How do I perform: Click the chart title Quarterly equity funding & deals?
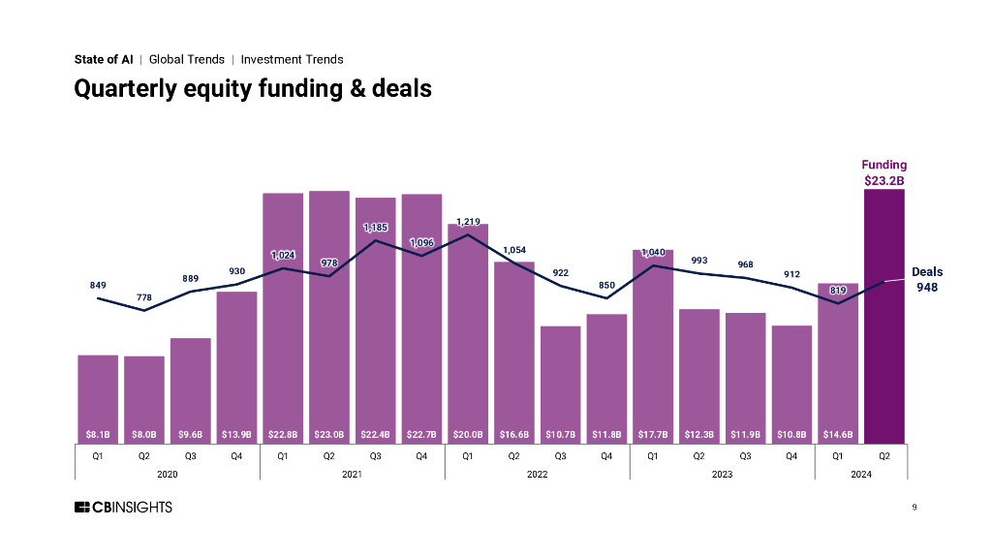pos(253,89)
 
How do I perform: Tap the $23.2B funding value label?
pos(884,179)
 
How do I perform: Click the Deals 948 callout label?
pos(927,280)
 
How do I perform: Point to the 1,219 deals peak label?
pos(468,222)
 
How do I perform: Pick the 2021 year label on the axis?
pos(352,474)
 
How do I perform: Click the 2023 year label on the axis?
pos(722,474)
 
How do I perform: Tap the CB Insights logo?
pos(123,508)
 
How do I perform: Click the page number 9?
pos(914,508)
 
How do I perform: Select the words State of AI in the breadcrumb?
pos(104,59)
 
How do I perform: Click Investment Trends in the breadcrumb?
pos(292,59)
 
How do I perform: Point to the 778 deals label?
pos(144,296)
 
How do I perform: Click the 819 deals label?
pos(838,290)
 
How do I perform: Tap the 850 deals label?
pos(606,285)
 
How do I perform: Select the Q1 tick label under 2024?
pos(838,455)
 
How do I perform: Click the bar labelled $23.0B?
pos(329,310)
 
